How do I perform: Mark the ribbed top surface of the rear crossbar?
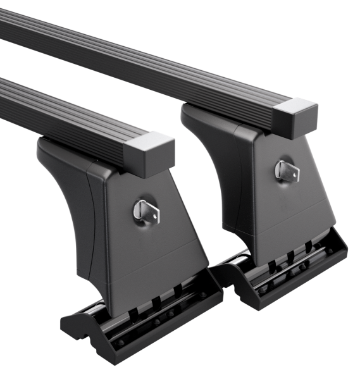tap(158, 57)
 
